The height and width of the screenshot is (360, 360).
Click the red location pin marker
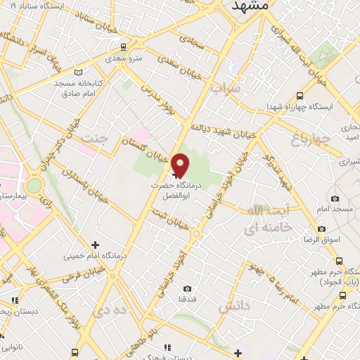click(x=181, y=165)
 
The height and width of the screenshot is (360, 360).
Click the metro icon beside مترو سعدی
click(x=124, y=47)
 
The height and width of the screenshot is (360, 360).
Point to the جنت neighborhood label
click(x=96, y=138)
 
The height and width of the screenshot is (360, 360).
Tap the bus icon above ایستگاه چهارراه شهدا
click(x=300, y=96)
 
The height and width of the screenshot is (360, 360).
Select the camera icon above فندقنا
click(x=187, y=288)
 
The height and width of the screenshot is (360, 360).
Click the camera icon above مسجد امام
click(x=335, y=199)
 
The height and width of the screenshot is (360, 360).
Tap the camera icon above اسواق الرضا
click(x=321, y=229)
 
